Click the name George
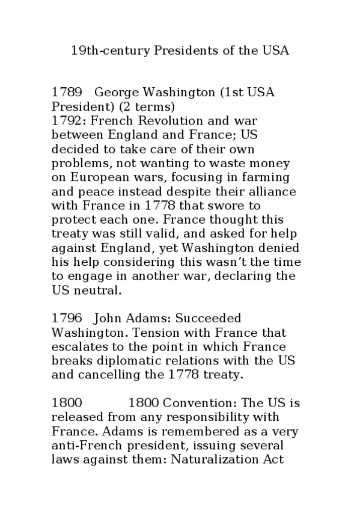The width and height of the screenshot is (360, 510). pyautogui.click(x=118, y=93)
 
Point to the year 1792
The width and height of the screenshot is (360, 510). pyautogui.click(x=68, y=120)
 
